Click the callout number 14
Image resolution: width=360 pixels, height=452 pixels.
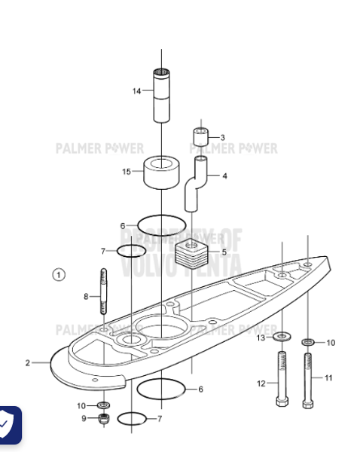tap(137, 91)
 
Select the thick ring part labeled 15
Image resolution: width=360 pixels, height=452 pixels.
tap(160, 173)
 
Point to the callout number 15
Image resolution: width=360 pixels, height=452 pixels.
tap(127, 172)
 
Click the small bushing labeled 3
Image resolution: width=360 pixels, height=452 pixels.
tap(201, 138)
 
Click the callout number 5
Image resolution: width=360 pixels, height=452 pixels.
tap(224, 252)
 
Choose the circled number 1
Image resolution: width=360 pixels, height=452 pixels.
tap(59, 274)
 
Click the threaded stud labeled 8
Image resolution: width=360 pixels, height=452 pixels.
tap(103, 295)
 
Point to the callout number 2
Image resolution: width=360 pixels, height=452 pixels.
tap(28, 363)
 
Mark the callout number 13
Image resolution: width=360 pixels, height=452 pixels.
tap(261, 338)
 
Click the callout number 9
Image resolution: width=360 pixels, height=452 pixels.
tap(85, 418)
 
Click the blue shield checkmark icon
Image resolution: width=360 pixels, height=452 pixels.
tap(7, 425)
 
